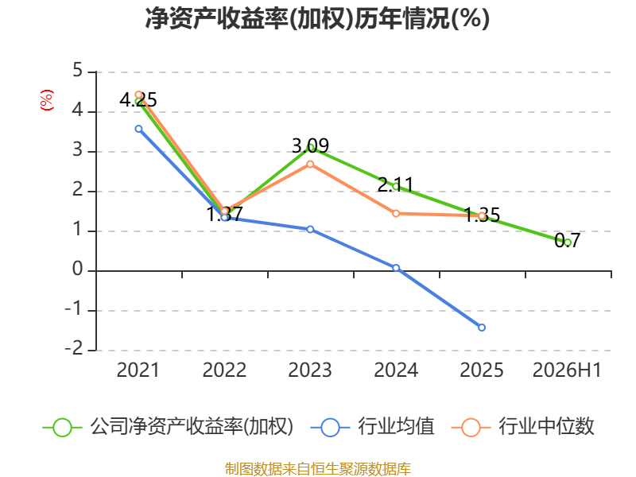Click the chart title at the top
point(317,18)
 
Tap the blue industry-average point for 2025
point(482,328)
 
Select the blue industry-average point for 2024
point(396,268)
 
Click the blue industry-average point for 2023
point(310,229)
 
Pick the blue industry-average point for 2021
point(138,129)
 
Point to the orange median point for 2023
point(310,165)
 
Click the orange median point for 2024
point(396,213)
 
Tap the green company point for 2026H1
point(568,242)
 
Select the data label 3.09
point(310,145)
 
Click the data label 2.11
point(395,185)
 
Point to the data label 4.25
point(138,100)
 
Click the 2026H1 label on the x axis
point(567,370)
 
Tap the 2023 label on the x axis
point(310,370)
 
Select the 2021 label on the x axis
point(138,370)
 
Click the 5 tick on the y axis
point(77,71)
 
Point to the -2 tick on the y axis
point(74,349)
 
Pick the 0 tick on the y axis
point(77,270)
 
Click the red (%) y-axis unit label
point(47,100)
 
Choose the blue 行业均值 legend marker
point(330,428)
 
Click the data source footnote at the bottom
point(317,469)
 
